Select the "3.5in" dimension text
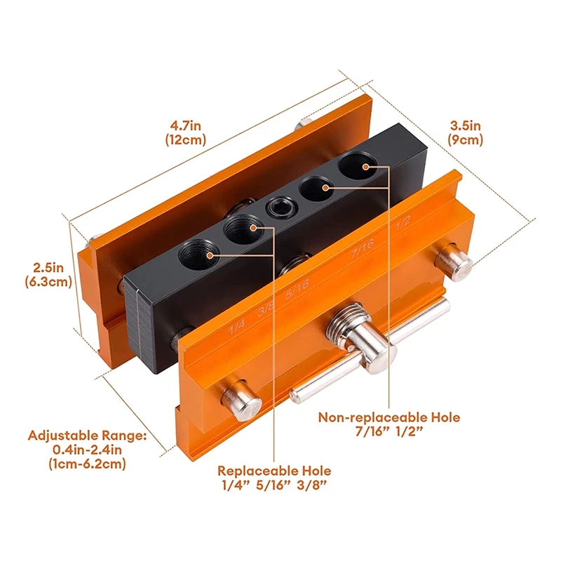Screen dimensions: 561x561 466,126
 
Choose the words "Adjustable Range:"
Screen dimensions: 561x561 87,435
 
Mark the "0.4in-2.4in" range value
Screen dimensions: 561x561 87,450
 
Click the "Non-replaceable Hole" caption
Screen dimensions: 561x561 389,417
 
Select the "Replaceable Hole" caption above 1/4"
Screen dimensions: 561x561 274,471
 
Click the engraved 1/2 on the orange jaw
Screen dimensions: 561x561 403,226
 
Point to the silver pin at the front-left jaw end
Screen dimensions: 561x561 241,399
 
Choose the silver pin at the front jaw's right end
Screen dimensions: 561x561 452,262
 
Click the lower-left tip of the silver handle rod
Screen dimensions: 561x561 295,398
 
